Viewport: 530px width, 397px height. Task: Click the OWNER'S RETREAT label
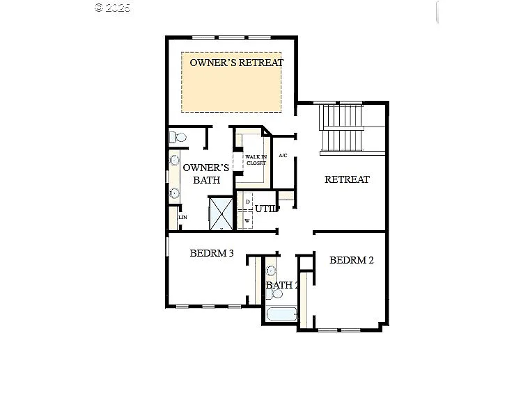click(237, 63)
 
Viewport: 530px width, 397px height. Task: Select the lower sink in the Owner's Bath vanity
click(174, 193)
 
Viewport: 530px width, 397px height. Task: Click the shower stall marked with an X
click(222, 213)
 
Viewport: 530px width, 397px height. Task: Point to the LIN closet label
click(182, 218)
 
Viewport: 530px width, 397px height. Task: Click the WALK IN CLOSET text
click(255, 160)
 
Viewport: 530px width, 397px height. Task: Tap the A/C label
click(283, 156)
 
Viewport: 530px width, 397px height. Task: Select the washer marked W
click(247, 221)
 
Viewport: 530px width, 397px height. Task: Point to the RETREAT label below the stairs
click(347, 179)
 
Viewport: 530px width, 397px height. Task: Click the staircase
click(341, 129)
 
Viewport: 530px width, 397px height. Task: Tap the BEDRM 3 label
click(211, 254)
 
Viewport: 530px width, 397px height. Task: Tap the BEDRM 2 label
click(351, 261)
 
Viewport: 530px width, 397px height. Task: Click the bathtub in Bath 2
click(281, 314)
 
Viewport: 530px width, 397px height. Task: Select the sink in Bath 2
click(272, 270)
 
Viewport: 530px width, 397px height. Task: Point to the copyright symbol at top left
click(98, 8)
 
